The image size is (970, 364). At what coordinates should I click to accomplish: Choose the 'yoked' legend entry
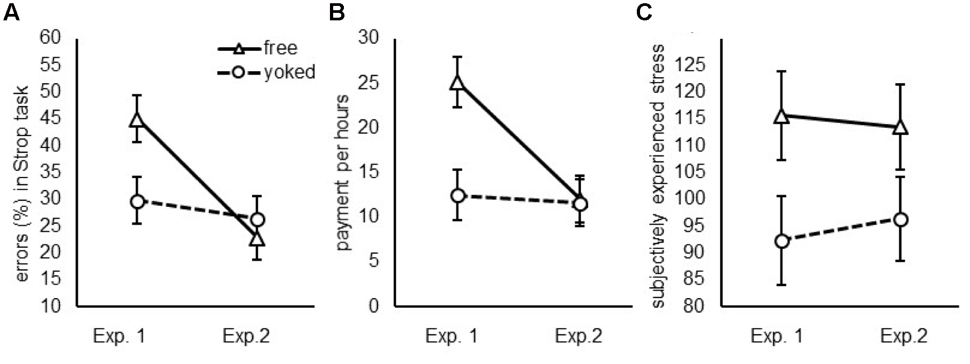[289, 72]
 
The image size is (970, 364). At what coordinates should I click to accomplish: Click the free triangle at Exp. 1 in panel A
[137, 119]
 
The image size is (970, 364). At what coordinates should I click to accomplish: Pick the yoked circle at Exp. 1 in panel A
[137, 202]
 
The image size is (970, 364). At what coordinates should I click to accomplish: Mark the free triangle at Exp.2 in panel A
[258, 239]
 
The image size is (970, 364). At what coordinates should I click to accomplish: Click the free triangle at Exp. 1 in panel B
[457, 82]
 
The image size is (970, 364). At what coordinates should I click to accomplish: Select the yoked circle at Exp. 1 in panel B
[457, 196]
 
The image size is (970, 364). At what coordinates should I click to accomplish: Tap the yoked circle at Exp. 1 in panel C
[782, 241]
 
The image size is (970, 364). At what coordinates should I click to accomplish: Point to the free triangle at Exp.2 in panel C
[901, 128]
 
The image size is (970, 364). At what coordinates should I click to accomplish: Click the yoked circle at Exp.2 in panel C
[901, 219]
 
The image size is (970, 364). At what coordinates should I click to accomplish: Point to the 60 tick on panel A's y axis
[52, 38]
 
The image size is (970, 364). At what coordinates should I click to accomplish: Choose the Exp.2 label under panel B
[578, 336]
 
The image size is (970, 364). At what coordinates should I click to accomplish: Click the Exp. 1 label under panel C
[776, 336]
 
